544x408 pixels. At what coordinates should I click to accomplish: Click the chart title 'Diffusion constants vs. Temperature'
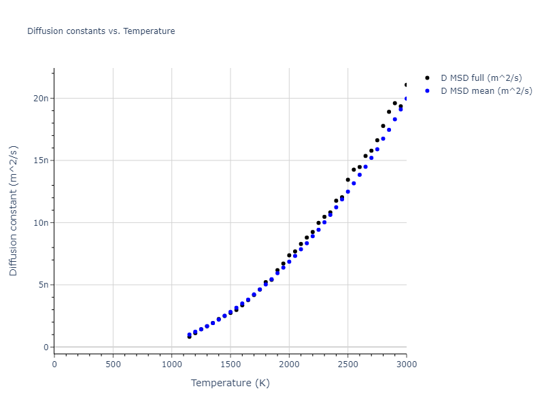point(101,31)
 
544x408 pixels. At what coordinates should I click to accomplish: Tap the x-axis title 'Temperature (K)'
point(230,383)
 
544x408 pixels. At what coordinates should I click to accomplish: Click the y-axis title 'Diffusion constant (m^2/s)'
point(14,210)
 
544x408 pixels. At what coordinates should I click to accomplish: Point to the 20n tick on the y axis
point(41,98)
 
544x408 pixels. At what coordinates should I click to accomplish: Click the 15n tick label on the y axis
point(41,160)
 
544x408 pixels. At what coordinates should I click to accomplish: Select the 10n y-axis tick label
point(41,223)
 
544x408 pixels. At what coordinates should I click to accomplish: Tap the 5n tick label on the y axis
point(44,285)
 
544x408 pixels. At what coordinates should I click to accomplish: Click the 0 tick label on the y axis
point(47,347)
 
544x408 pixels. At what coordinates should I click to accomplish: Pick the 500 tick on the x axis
point(113,364)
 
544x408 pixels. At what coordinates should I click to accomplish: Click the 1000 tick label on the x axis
point(171,364)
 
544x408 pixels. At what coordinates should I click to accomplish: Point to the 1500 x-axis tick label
point(231,364)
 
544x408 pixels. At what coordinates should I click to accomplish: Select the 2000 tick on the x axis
point(289,364)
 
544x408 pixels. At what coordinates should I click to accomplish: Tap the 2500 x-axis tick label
point(347,364)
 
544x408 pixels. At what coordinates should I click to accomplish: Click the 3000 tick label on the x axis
point(406,364)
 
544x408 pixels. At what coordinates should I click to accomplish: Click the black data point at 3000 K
point(407,85)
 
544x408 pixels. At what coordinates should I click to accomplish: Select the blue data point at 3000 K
point(407,99)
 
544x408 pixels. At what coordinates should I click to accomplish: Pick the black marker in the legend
point(427,79)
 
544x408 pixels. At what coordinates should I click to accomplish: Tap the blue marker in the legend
point(427,91)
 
